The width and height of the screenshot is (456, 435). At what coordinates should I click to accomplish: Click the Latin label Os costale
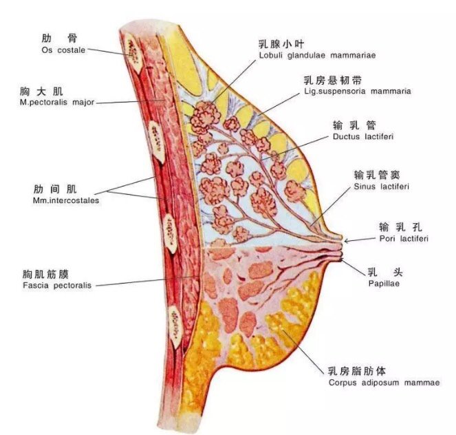point(63,50)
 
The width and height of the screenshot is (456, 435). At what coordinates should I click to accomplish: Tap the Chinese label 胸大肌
point(41,92)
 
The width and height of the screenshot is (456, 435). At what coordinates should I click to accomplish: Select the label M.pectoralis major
point(57,103)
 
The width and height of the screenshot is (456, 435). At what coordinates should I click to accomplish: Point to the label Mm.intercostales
point(66,200)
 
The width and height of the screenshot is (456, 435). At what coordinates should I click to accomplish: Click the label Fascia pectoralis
point(57,285)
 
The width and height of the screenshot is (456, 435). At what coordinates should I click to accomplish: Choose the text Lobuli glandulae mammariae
point(317,55)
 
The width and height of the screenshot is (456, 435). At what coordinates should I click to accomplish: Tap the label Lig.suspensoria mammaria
point(358,92)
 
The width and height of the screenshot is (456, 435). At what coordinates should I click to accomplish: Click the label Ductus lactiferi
point(363,136)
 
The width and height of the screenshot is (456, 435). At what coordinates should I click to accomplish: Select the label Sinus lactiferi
point(381,187)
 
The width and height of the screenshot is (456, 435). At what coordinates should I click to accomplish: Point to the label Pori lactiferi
point(404,239)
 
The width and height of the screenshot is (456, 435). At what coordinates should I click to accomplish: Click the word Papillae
point(384,284)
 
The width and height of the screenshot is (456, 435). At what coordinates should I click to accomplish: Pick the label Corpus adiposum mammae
point(384,383)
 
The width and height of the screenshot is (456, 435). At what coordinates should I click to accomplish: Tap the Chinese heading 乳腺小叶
point(281,44)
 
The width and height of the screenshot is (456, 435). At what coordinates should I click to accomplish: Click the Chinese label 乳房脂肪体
point(357,371)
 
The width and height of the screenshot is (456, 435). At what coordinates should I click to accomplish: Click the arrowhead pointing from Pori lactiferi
point(347,241)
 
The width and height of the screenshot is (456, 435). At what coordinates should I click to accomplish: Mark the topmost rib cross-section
point(134,54)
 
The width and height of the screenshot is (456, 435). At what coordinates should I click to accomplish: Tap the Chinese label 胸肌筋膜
point(45,275)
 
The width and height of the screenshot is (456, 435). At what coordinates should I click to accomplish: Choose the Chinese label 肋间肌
point(55,189)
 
